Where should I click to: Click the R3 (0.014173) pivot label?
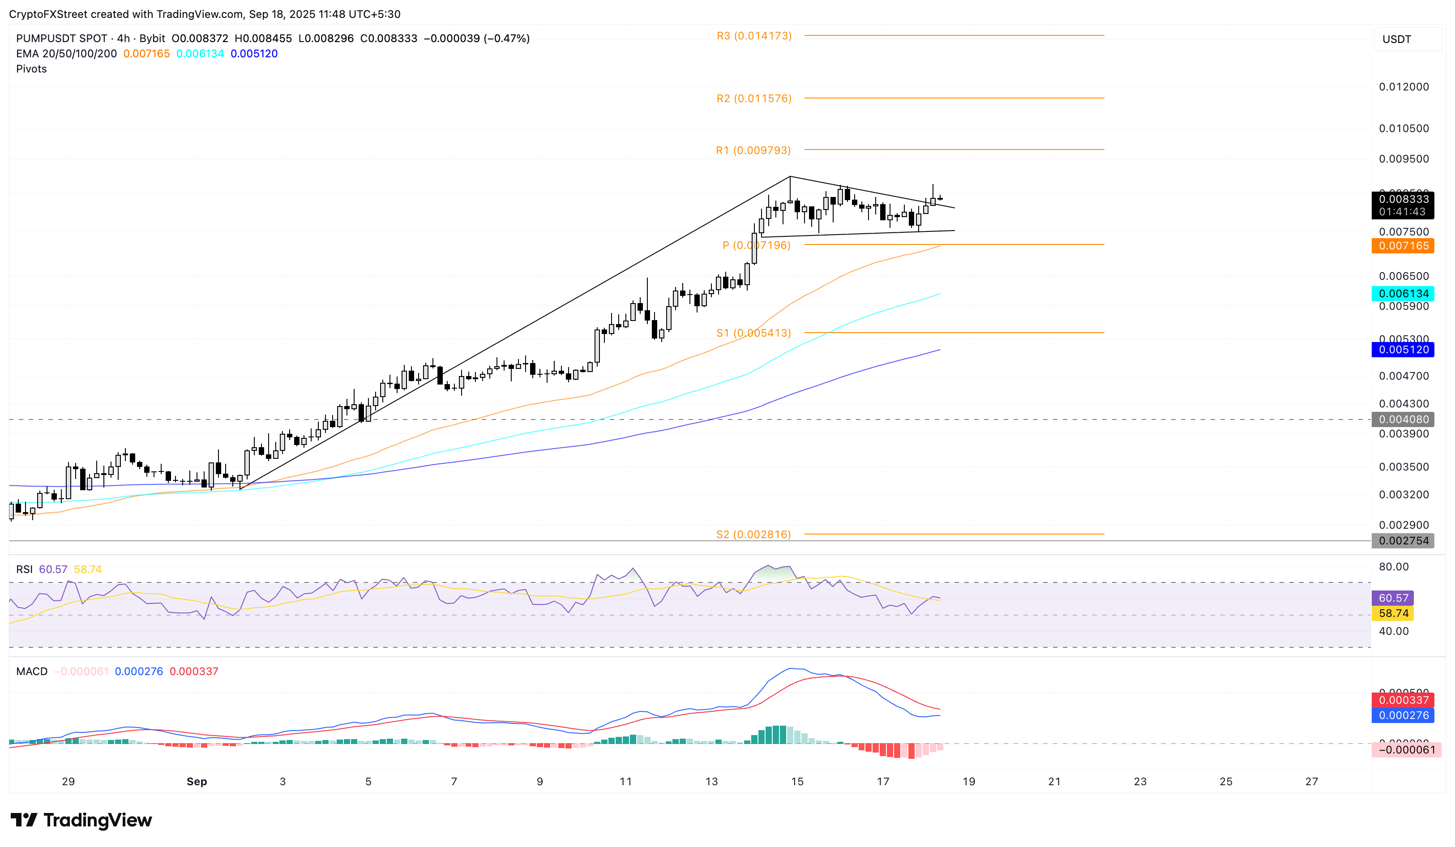(x=754, y=36)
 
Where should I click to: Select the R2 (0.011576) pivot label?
(x=754, y=99)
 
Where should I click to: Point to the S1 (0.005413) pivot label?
(x=753, y=333)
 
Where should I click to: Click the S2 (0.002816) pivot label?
(x=753, y=535)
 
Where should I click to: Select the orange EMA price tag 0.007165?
(x=1403, y=246)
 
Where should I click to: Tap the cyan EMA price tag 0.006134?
(x=1403, y=294)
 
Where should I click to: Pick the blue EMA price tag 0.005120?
(x=1403, y=350)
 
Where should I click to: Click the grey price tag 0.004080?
(x=1403, y=420)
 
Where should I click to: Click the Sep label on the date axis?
(x=197, y=782)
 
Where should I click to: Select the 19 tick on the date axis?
(x=969, y=782)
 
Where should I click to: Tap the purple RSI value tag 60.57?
(x=1393, y=598)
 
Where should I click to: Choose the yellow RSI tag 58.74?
(x=1393, y=614)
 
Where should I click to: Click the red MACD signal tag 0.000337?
(x=1403, y=700)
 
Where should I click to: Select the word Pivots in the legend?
(x=32, y=69)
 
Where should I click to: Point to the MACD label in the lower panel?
(x=32, y=672)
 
